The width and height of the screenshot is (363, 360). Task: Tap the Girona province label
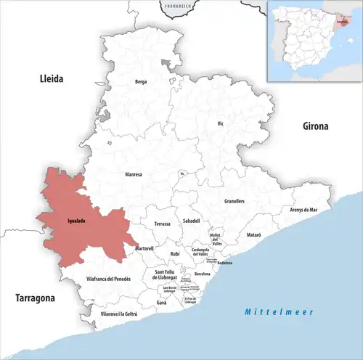coord(316,126)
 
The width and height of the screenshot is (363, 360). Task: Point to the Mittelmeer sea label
coord(278,311)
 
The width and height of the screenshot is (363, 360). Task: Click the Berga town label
coord(141,82)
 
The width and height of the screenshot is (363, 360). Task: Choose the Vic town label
coord(221,124)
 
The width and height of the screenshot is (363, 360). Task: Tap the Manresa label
coord(134,175)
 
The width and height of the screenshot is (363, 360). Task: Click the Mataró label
coord(253,236)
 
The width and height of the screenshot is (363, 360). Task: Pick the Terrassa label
coord(163,224)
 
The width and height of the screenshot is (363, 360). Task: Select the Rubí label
coord(175,253)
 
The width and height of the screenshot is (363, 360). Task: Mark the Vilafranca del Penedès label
coord(108,279)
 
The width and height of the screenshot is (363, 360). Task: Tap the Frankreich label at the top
coord(177,6)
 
